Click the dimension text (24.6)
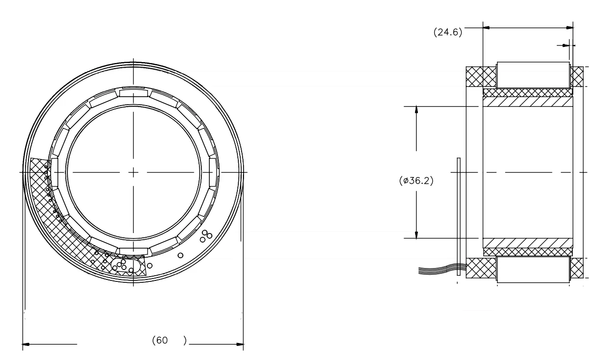coord(448,33)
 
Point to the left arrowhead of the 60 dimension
coord(27,344)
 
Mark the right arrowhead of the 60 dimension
coord(239,344)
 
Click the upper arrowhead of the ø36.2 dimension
coord(416,110)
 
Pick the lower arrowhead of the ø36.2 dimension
coord(416,234)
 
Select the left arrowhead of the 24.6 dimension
coord(487,27)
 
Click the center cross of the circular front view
coord(134,172)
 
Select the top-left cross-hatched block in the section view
coord(480,77)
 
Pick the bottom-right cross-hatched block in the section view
coord(577,268)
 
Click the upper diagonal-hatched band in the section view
coord(527,102)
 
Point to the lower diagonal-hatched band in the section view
coord(527,243)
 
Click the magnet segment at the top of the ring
coord(134,93)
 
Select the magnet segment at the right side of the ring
coord(213,172)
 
